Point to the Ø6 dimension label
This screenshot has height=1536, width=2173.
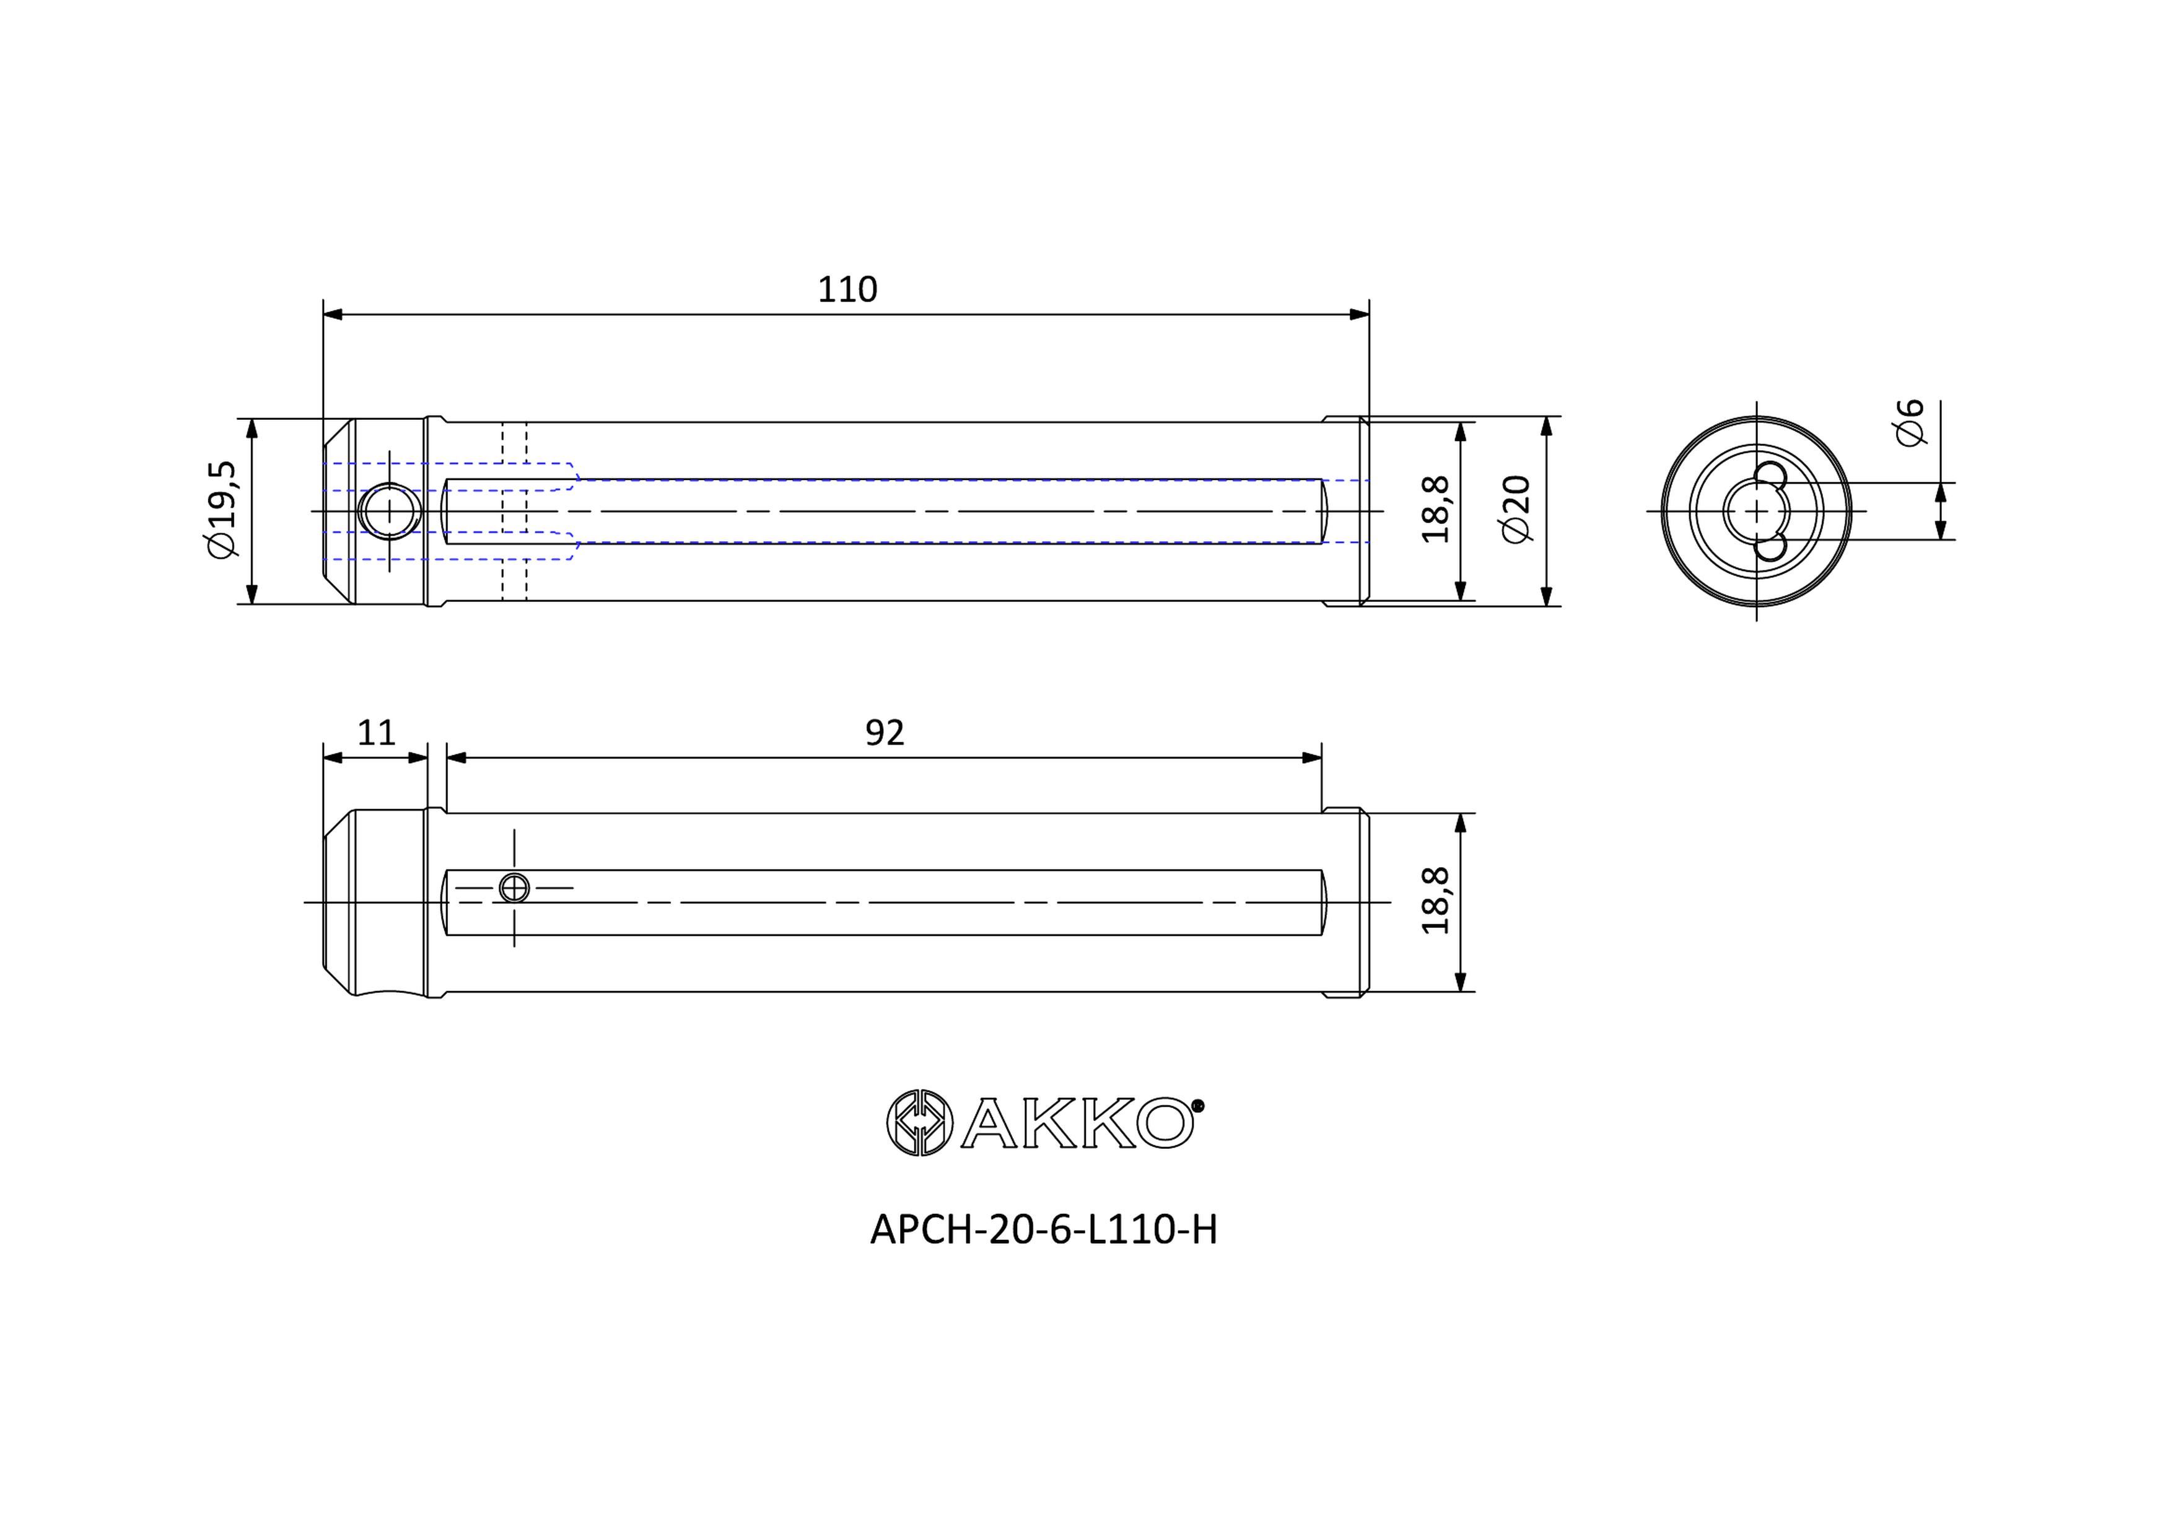click(x=1910, y=422)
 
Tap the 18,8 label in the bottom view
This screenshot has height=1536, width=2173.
click(x=1436, y=901)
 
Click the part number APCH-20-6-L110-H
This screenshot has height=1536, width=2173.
click(x=1043, y=1230)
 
